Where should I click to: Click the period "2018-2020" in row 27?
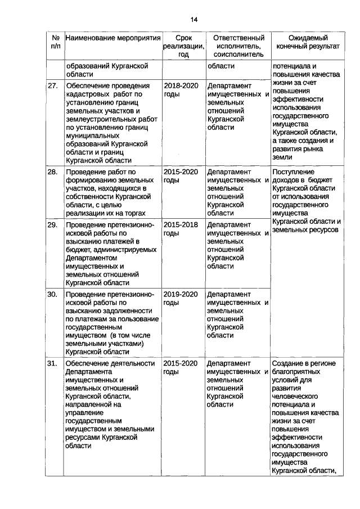tap(181, 86)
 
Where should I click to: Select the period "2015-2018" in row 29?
tap(181, 225)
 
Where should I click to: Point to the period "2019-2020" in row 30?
tap(181, 294)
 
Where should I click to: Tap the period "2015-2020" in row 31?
tap(181, 363)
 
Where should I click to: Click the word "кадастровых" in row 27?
tap(87, 94)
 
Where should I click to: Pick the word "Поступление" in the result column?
tap(293, 172)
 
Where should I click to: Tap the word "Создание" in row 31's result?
tap(287, 363)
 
